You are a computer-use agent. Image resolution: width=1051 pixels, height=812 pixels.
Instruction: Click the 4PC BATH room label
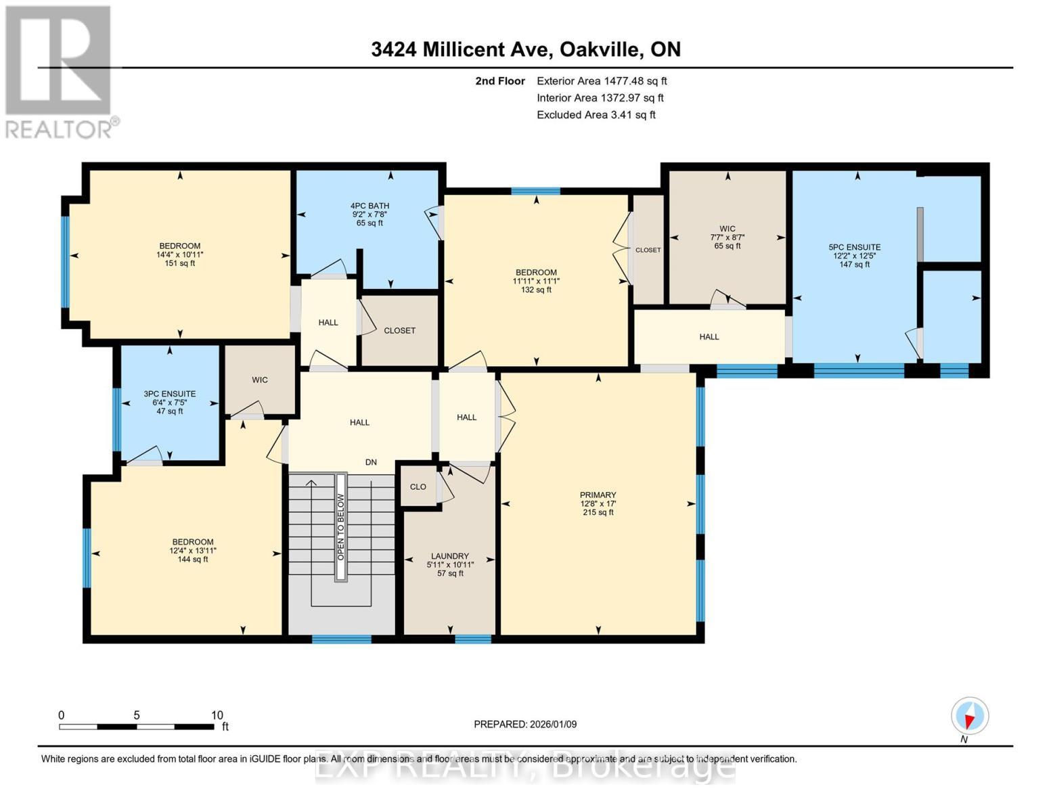click(370, 206)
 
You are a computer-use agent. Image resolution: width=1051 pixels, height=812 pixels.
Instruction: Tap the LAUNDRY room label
click(450, 556)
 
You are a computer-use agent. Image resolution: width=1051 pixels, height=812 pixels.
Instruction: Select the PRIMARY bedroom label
click(598, 495)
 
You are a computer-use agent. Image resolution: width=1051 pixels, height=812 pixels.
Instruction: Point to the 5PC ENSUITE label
click(854, 247)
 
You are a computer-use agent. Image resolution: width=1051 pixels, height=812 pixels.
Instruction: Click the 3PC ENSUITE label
click(169, 394)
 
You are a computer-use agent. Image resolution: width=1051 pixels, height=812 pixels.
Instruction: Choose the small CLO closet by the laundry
click(418, 487)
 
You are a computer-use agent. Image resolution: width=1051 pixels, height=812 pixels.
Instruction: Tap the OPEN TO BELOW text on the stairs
click(340, 526)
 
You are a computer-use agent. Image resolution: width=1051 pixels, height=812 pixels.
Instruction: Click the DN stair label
click(371, 462)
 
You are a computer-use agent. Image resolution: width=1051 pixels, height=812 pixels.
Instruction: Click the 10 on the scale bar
click(217, 715)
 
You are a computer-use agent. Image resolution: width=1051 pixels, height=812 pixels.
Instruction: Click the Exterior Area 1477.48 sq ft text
click(602, 81)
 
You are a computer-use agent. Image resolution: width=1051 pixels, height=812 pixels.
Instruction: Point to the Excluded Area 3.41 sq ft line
click(596, 114)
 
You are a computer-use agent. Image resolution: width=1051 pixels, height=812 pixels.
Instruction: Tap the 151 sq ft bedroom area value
click(179, 263)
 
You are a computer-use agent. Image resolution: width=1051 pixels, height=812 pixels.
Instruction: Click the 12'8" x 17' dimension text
click(598, 503)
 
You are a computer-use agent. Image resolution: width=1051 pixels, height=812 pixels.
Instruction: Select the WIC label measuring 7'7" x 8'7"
click(728, 229)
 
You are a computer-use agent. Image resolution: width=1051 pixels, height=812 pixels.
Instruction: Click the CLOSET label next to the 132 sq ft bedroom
click(648, 250)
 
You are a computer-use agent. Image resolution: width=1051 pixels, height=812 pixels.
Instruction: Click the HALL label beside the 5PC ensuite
click(709, 336)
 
